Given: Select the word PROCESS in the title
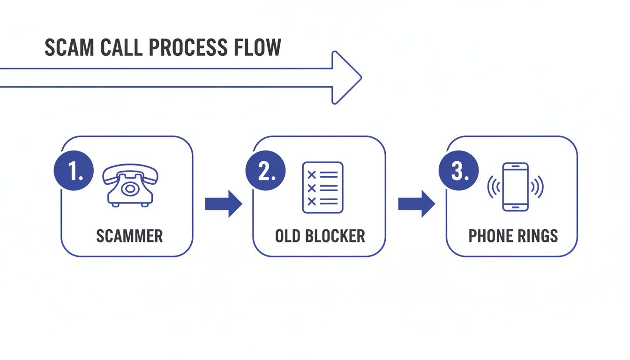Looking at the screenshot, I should (185, 48).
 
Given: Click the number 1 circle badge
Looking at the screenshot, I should (74, 171).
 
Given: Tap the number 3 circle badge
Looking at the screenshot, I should (458, 171).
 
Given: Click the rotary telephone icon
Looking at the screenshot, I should (130, 186).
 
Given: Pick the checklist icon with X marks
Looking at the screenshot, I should (322, 187).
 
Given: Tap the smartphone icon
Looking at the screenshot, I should (515, 187).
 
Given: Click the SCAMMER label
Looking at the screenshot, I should (129, 236).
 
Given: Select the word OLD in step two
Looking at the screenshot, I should (287, 236).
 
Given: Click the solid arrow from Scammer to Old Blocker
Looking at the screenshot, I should (224, 204).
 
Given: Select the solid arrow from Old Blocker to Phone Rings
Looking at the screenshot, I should (416, 204).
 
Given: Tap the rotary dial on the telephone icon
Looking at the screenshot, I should (130, 189).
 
